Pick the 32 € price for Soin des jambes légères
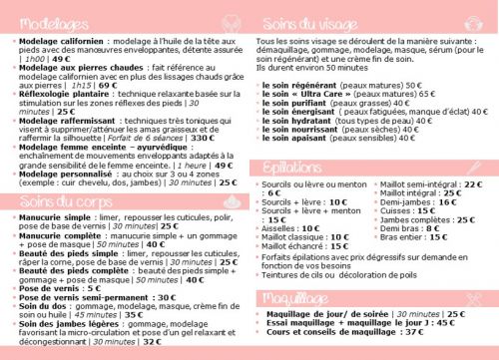pyautogui.click(x=150, y=341)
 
